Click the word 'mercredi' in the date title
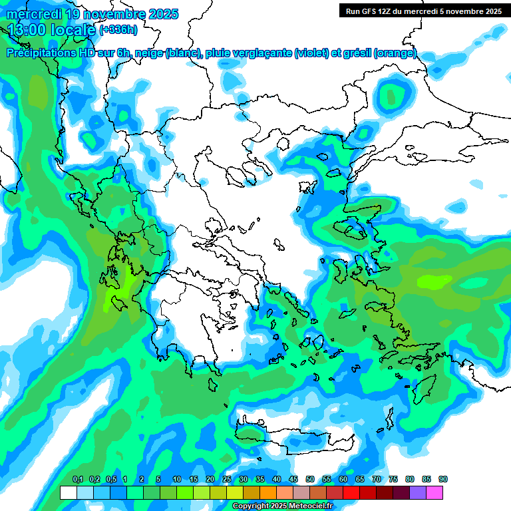coord(35,14)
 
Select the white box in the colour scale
coord(68,493)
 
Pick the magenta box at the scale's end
coord(434,493)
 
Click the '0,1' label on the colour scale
coord(77,480)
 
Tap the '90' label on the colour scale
coord(443,480)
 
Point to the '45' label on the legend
coord(293,480)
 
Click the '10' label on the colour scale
coord(177,480)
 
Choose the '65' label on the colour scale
coord(360,480)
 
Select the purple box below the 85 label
coord(418,493)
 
